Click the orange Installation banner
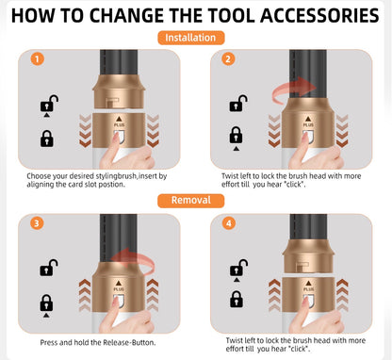pos(196,38)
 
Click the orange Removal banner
pos(196,200)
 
